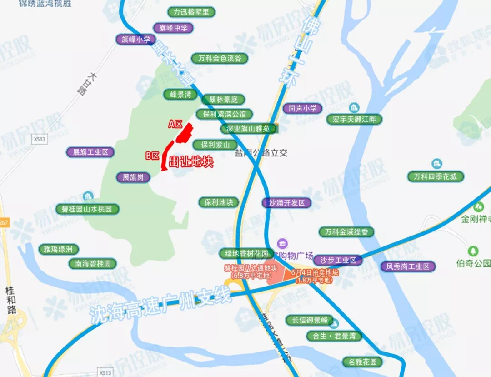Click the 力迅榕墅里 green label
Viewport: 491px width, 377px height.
click(x=191, y=12)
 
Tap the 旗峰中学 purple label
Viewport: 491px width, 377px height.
click(x=173, y=28)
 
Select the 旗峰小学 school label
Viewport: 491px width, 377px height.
click(x=135, y=39)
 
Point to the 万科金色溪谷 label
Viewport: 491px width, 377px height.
click(x=220, y=58)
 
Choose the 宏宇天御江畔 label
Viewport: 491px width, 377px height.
click(x=354, y=120)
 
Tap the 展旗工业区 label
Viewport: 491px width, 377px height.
click(x=90, y=152)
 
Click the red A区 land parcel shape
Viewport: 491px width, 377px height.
click(x=185, y=133)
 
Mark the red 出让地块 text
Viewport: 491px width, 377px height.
click(x=191, y=162)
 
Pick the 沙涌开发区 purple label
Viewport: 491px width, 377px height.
click(x=287, y=203)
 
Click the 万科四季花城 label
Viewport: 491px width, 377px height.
click(x=436, y=176)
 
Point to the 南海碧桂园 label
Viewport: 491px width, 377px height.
click(x=93, y=263)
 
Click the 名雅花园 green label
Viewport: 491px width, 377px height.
click(x=363, y=362)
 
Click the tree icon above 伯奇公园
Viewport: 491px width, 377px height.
click(x=474, y=251)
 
